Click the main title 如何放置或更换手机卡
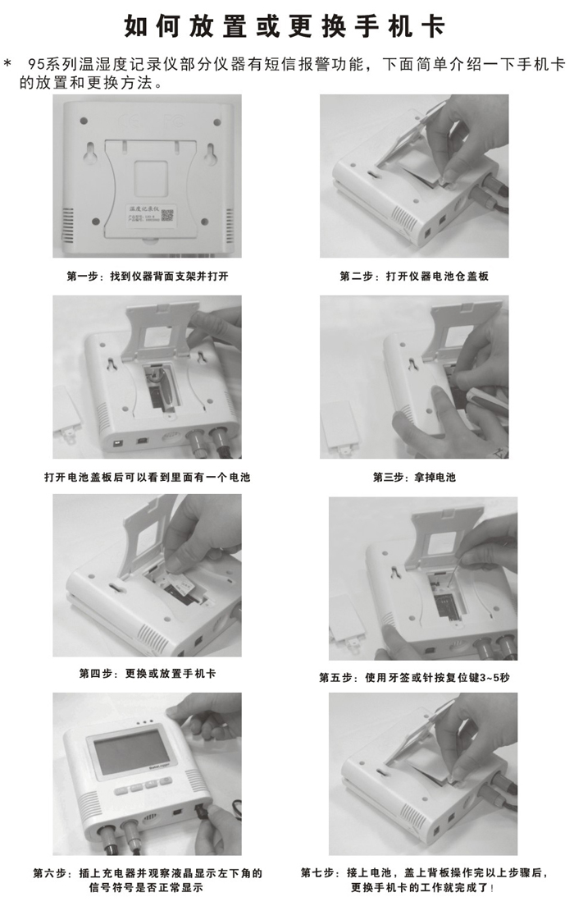(x=285, y=26)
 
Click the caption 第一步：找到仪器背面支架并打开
(x=148, y=277)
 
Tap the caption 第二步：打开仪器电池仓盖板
(x=414, y=277)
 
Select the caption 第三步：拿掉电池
(x=414, y=478)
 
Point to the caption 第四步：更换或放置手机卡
(x=148, y=674)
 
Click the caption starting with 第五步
(x=414, y=677)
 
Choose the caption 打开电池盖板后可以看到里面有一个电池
(x=148, y=478)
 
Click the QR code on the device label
(x=166, y=215)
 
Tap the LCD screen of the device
(x=132, y=753)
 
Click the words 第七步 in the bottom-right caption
(x=317, y=873)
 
